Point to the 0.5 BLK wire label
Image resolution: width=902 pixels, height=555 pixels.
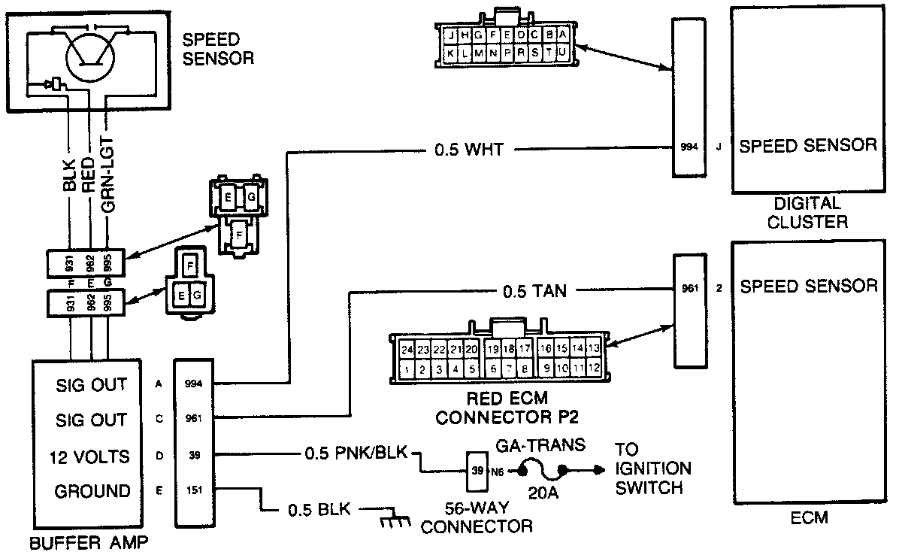click(x=319, y=509)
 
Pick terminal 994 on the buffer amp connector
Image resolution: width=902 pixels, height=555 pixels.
click(x=193, y=384)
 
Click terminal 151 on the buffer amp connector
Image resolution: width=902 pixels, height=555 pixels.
click(x=193, y=490)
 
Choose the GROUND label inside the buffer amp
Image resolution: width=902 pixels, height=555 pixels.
click(x=92, y=491)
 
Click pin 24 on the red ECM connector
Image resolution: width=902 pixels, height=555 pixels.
click(x=407, y=349)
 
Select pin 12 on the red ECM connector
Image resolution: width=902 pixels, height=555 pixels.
click(x=593, y=369)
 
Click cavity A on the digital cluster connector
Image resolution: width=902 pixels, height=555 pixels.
click(x=561, y=35)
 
